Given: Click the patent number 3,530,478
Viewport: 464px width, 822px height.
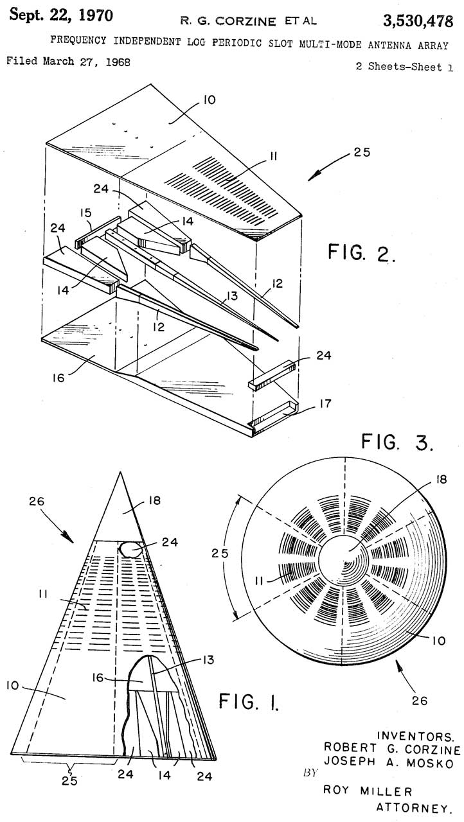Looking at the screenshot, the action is pos(418,22).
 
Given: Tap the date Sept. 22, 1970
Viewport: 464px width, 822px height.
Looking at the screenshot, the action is pos(61,15).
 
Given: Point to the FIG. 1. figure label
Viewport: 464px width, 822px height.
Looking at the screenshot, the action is pos(249,701).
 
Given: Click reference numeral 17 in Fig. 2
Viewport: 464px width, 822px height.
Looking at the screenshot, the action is pos(325,404).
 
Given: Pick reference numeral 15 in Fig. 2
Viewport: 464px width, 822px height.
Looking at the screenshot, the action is pos(85,213).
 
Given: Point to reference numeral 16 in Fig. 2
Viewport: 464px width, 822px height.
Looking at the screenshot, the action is pos(58,378).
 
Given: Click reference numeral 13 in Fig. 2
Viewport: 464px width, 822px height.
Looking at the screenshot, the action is pos(233,295).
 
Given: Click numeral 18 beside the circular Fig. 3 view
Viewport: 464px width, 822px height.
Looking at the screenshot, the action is pos(442,479).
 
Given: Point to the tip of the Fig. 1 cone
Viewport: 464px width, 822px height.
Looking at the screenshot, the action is pos(120,473).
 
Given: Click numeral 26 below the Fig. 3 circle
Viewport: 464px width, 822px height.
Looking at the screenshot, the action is pos(419,701).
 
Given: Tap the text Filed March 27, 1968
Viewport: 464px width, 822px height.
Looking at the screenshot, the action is pos(69,61).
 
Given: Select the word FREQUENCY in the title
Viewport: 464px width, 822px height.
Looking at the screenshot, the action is pos(78,40).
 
